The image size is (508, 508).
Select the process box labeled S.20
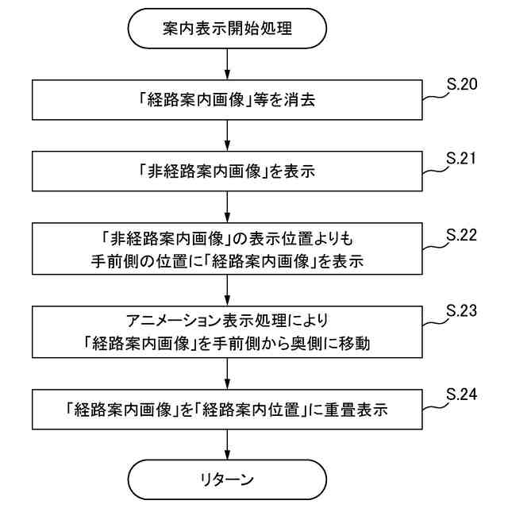click(227, 100)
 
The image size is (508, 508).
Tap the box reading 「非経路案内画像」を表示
click(227, 169)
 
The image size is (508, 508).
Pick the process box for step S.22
click(227, 248)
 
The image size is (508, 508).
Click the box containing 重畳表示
click(227, 411)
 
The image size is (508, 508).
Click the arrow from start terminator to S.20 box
click(227, 64)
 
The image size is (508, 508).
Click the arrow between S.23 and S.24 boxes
click(227, 374)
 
